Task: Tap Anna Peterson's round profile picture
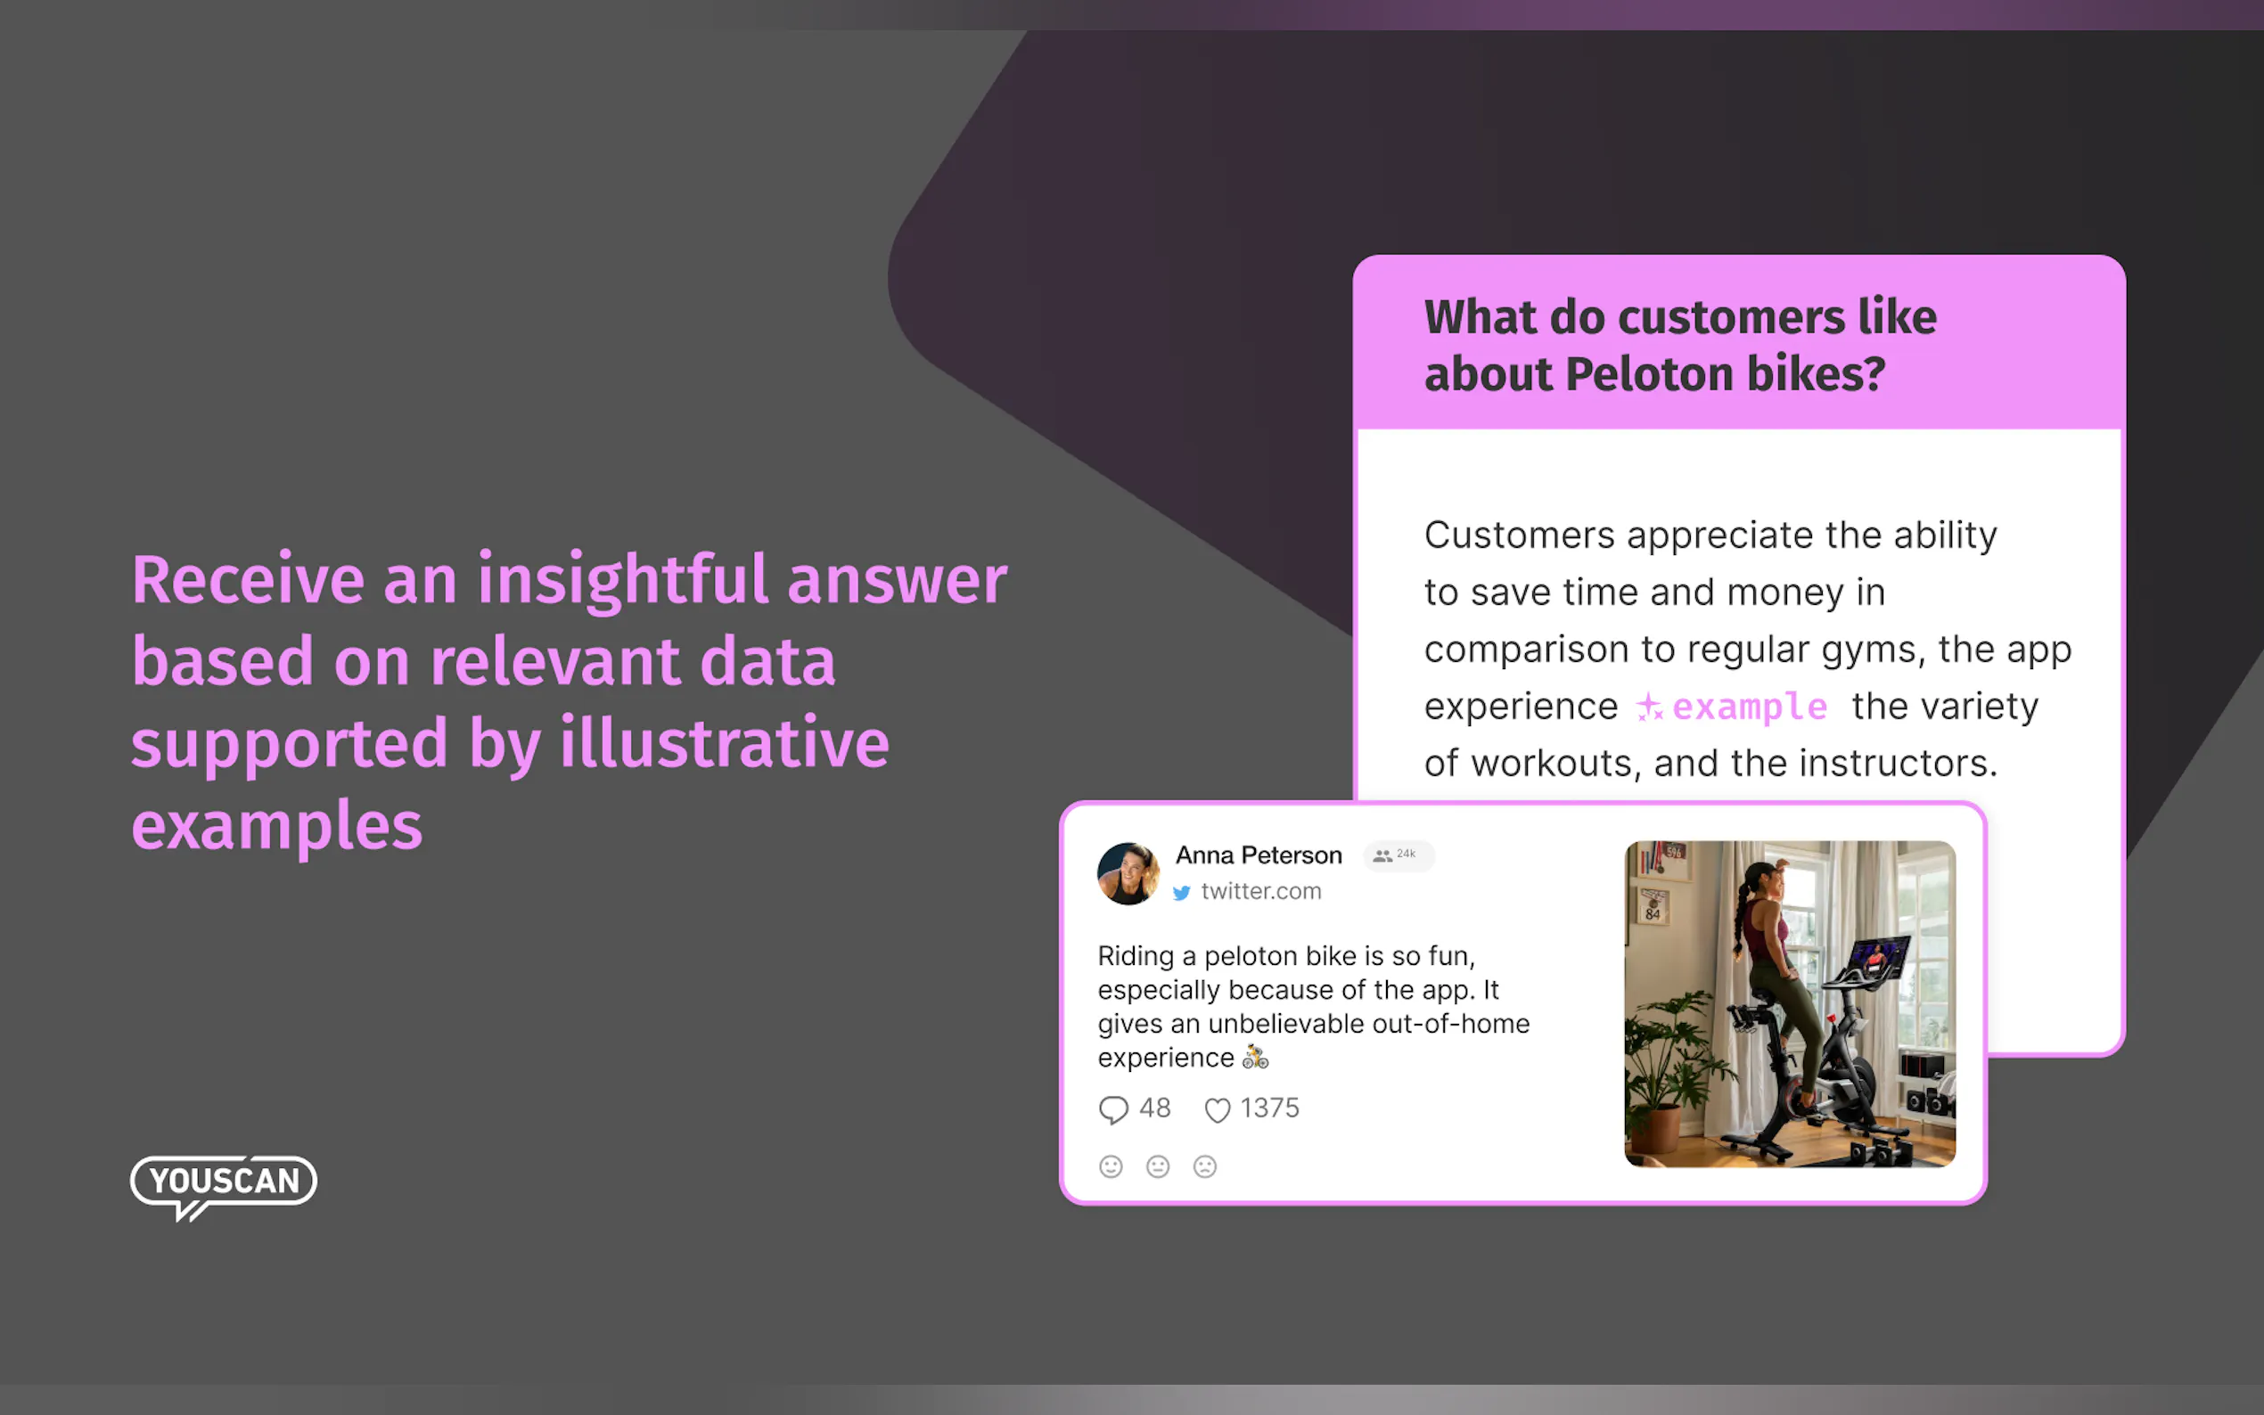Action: [1128, 873]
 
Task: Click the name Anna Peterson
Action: [1258, 855]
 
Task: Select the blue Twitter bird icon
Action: [1181, 893]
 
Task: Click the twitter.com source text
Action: [1260, 891]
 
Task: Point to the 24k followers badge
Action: [1399, 855]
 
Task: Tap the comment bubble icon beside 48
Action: [1112, 1110]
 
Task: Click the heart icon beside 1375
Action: [1217, 1110]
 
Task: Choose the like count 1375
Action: [1269, 1108]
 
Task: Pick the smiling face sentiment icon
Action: [1111, 1166]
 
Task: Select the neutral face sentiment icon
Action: [1158, 1166]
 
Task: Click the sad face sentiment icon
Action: [1204, 1166]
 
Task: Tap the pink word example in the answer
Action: [1749, 707]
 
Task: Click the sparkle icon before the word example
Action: [1649, 707]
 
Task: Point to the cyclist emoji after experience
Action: [1255, 1058]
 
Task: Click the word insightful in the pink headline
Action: [623, 579]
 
